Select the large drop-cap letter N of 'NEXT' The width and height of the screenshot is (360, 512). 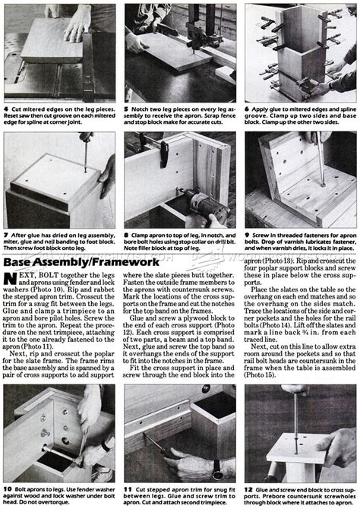click(x=11, y=281)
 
